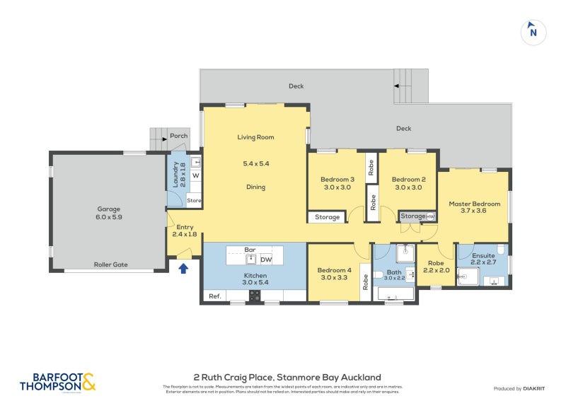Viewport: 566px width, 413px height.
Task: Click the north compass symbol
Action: point(533,32)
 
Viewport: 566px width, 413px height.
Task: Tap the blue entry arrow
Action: point(184,268)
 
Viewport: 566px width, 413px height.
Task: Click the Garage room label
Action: point(109,209)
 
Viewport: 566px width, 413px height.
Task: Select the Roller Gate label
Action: point(110,264)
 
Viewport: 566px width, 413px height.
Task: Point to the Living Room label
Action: point(255,137)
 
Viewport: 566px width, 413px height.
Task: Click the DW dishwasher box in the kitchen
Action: point(266,259)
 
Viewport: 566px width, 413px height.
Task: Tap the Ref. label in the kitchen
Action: point(214,296)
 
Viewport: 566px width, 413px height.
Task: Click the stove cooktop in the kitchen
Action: point(255,296)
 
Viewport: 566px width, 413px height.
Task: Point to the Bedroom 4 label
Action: point(334,270)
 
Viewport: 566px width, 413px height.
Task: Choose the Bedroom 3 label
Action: point(337,180)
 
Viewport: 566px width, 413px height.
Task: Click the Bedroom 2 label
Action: point(408,180)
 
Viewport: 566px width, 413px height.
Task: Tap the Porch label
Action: point(178,136)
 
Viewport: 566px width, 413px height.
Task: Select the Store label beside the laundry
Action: point(194,201)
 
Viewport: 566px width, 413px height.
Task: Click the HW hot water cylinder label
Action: point(429,216)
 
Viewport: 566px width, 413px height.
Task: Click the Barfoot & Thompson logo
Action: point(57,383)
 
